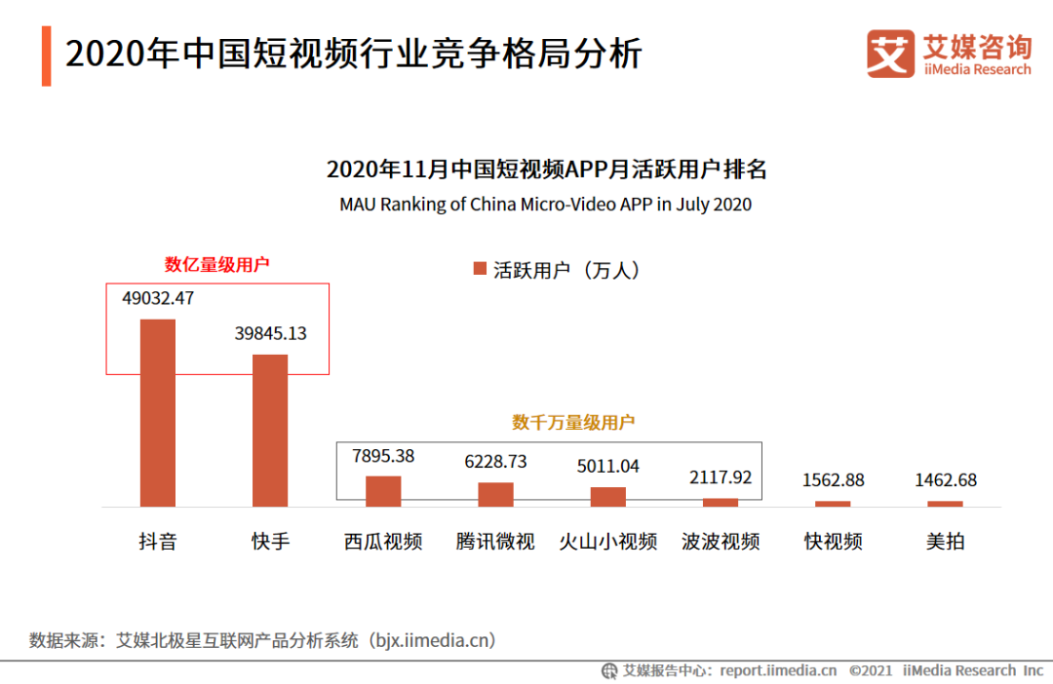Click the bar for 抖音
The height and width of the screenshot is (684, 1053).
158,412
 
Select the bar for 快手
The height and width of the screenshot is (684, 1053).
270,430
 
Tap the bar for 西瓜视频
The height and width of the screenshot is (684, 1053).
383,491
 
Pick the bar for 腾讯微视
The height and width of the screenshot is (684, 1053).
495,494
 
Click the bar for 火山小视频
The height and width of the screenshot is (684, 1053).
608,496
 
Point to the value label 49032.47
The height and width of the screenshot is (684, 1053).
158,299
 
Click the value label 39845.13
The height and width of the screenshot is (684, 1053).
270,333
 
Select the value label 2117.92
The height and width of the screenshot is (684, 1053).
721,477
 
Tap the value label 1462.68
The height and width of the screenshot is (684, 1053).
946,480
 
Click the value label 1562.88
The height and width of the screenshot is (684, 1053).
833,480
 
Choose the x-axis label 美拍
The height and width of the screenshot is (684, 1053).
946,542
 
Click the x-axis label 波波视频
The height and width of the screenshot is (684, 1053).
721,542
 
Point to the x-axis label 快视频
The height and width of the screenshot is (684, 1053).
833,542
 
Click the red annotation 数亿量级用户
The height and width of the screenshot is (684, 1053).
216,264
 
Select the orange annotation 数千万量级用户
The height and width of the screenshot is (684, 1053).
573,422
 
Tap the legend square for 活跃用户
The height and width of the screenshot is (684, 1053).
479,270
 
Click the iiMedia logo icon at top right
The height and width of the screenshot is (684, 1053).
890,54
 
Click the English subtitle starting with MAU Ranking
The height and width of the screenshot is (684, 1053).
546,205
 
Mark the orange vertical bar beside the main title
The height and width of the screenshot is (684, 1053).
46,56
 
